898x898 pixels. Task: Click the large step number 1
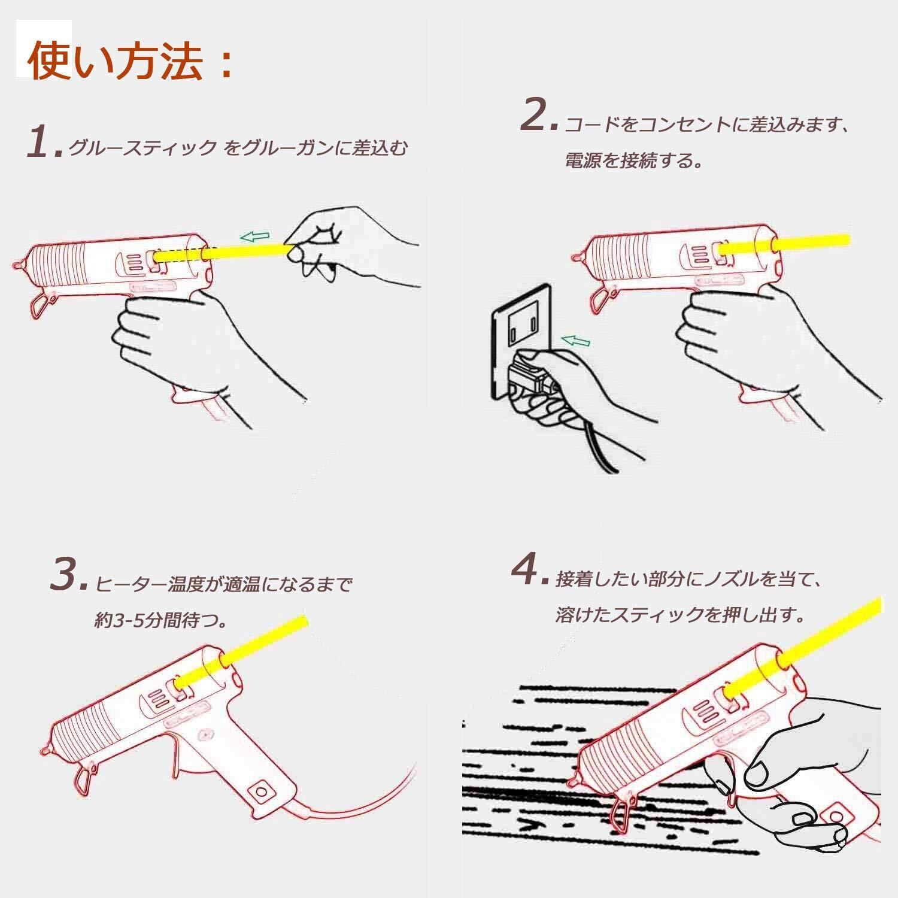[43, 142]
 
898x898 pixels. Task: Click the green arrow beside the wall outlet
[575, 341]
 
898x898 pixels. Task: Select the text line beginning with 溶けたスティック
[679, 615]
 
